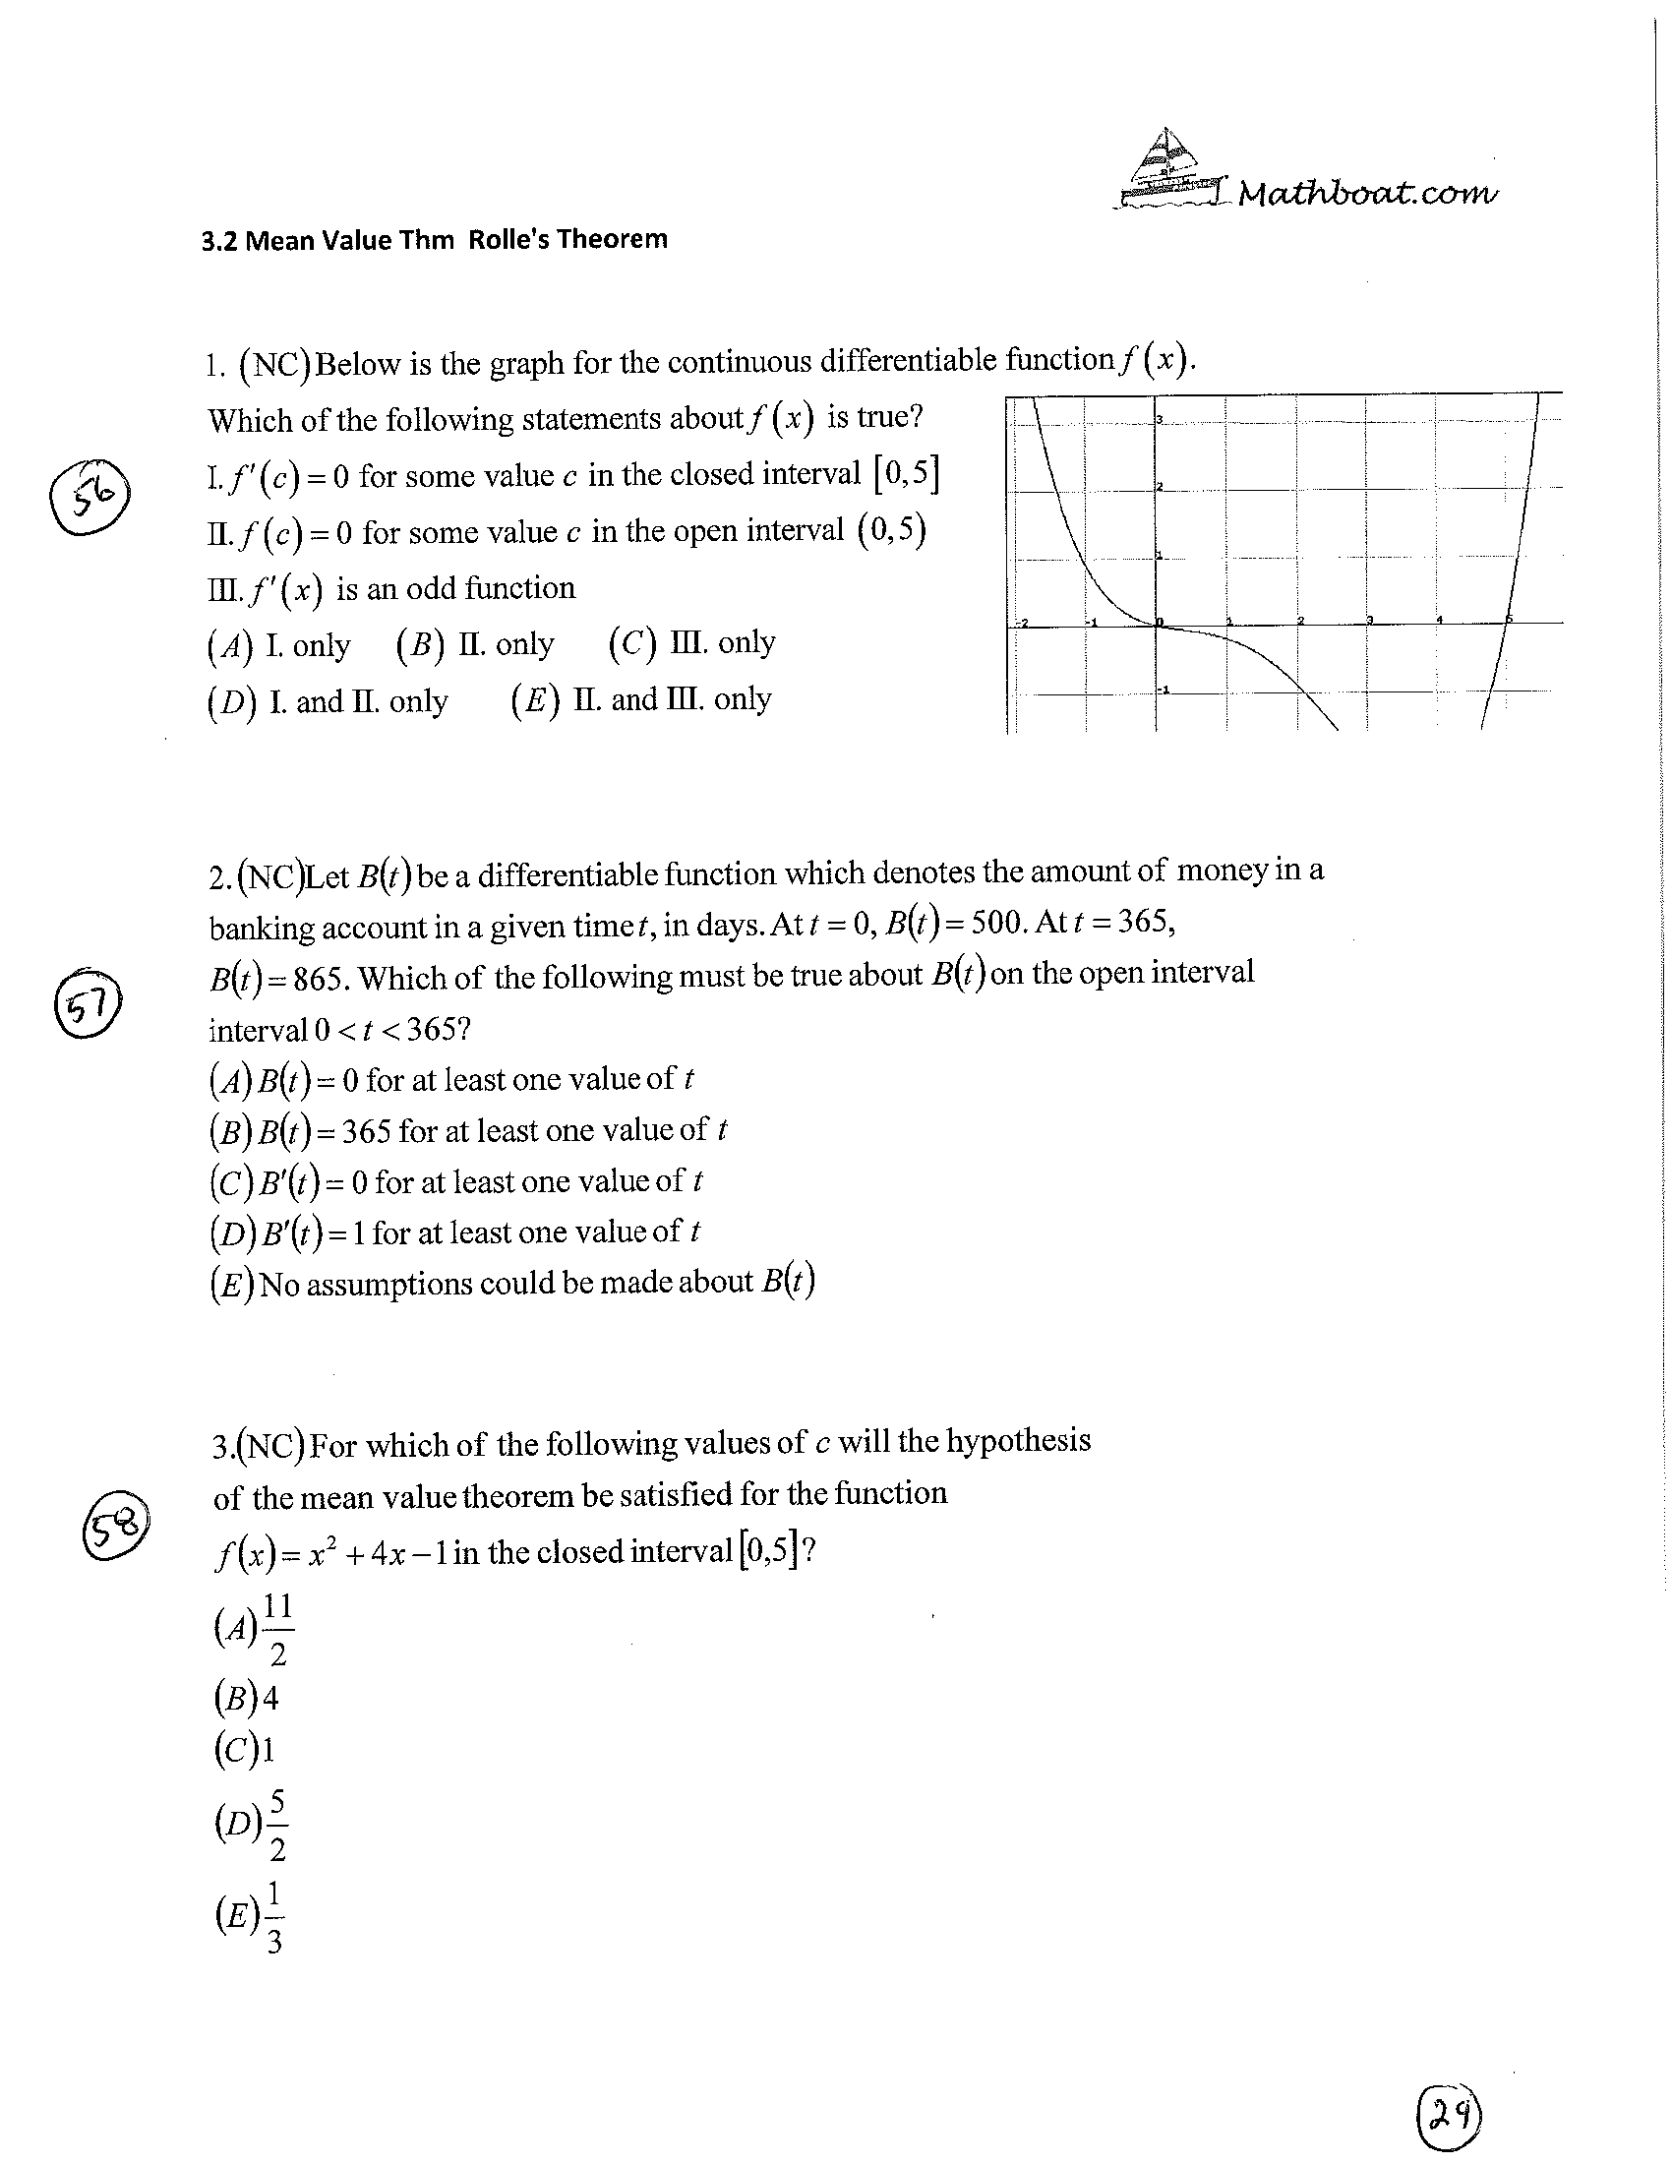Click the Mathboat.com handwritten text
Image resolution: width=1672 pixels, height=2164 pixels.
click(1367, 193)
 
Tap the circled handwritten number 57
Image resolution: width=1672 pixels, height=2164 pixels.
click(88, 1002)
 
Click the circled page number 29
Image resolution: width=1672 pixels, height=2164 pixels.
click(1450, 2116)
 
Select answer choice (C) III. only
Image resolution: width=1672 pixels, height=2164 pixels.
click(691, 644)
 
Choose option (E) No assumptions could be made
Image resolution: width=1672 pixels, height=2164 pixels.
click(511, 1284)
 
